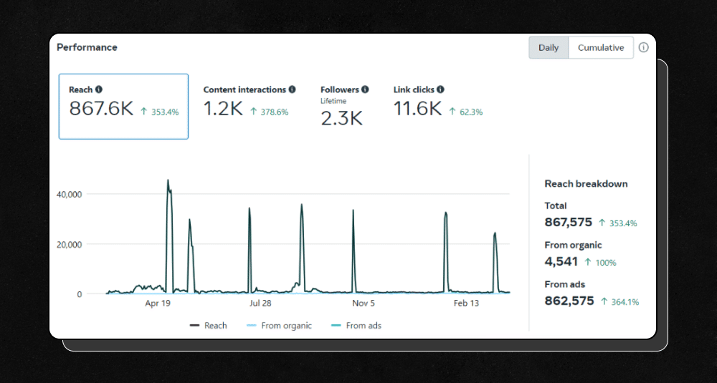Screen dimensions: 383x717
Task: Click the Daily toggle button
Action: (549, 48)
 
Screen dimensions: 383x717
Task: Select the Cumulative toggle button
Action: (601, 48)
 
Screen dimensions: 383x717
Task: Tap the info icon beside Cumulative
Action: (643, 48)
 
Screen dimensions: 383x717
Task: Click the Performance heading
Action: (87, 47)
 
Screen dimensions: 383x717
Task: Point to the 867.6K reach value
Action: (101, 109)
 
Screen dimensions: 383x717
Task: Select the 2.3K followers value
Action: (341, 118)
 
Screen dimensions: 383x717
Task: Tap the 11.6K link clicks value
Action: (417, 109)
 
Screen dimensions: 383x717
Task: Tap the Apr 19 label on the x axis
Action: (158, 304)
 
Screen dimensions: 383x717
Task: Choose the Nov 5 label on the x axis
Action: (364, 304)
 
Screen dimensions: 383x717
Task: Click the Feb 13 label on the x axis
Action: (466, 304)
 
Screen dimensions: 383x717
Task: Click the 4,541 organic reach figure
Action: (561, 262)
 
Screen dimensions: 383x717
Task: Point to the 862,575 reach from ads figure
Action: (569, 301)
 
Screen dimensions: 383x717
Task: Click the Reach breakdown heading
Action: (586, 184)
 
